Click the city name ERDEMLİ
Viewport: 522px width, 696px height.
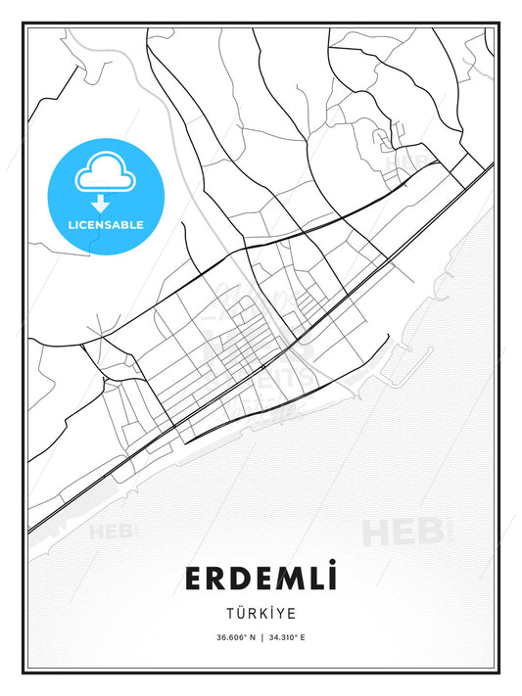point(261,579)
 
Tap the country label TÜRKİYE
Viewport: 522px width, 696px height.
point(261,614)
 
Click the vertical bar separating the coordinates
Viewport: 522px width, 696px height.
point(261,638)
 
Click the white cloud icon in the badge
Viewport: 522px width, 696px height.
point(101,173)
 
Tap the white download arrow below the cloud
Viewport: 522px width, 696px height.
point(101,204)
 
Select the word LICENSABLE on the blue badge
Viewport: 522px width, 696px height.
point(106,225)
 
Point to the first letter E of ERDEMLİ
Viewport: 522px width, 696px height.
point(194,580)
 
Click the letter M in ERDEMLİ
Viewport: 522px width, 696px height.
point(286,580)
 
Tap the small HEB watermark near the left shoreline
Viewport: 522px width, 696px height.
point(113,533)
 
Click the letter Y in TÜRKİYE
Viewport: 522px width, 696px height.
point(281,614)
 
